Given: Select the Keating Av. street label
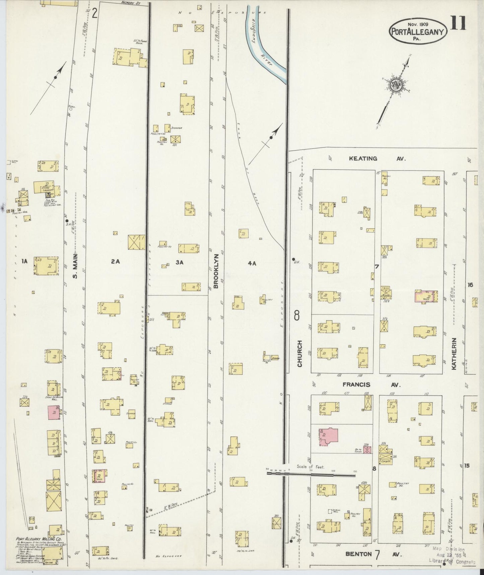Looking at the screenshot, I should tap(377, 159).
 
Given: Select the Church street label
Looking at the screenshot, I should tap(300, 353).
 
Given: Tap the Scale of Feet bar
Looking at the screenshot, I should tap(312, 474).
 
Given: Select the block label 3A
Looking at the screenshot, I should tap(180, 262).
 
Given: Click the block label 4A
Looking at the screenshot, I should tap(252, 263).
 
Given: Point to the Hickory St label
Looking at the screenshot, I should tap(131, 3).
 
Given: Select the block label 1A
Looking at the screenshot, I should tap(24, 261).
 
